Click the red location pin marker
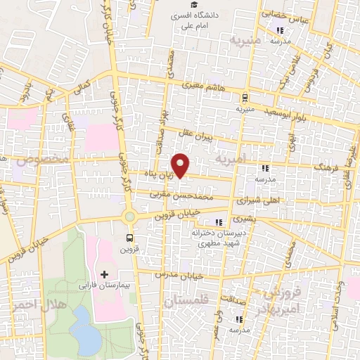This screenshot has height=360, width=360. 181,165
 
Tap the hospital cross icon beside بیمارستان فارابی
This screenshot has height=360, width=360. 105,274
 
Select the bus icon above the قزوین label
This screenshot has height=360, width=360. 129,237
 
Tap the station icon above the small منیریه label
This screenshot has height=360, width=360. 244,98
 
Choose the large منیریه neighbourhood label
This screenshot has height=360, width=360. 243,41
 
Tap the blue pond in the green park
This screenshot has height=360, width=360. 88,331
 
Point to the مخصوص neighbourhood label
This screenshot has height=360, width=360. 32,162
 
